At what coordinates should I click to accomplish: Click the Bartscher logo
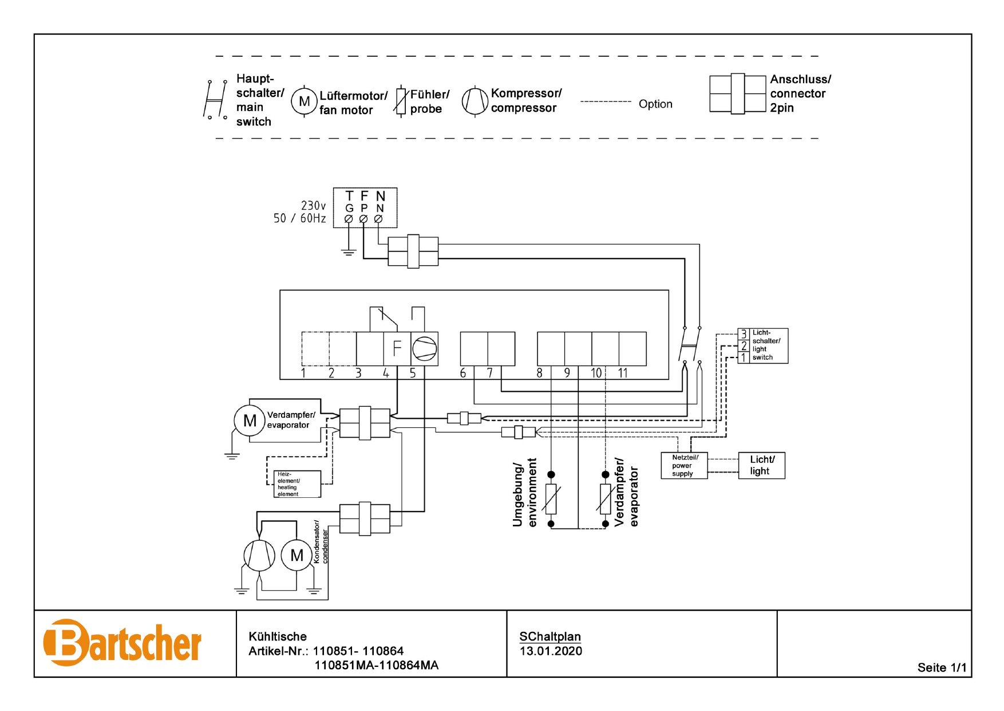pos(122,643)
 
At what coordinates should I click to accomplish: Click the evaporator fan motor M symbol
pos(250,421)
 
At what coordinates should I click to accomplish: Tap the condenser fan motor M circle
pos(297,555)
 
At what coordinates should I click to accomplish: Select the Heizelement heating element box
pos(297,484)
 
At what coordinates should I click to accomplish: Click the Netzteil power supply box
pos(684,465)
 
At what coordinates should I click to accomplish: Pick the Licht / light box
pos(762,465)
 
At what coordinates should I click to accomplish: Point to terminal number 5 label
pos(413,373)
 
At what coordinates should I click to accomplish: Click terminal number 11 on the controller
pos(623,373)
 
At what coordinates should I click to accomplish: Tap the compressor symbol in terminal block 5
pos(425,348)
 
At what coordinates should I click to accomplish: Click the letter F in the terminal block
pos(397,348)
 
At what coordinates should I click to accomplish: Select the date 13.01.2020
pos(551,651)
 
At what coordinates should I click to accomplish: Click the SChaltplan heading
pos(550,637)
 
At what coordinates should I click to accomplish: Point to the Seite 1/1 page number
pos(942,667)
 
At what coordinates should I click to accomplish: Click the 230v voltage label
pos(313,206)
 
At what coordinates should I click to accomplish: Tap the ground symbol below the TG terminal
pos(349,251)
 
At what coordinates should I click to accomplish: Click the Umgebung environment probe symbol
pos(551,498)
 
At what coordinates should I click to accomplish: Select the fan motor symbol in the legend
pos(304,101)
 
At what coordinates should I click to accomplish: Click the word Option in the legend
pos(655,104)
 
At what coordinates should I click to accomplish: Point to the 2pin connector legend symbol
pos(737,94)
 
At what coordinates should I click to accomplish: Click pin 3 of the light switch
pos(744,333)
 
